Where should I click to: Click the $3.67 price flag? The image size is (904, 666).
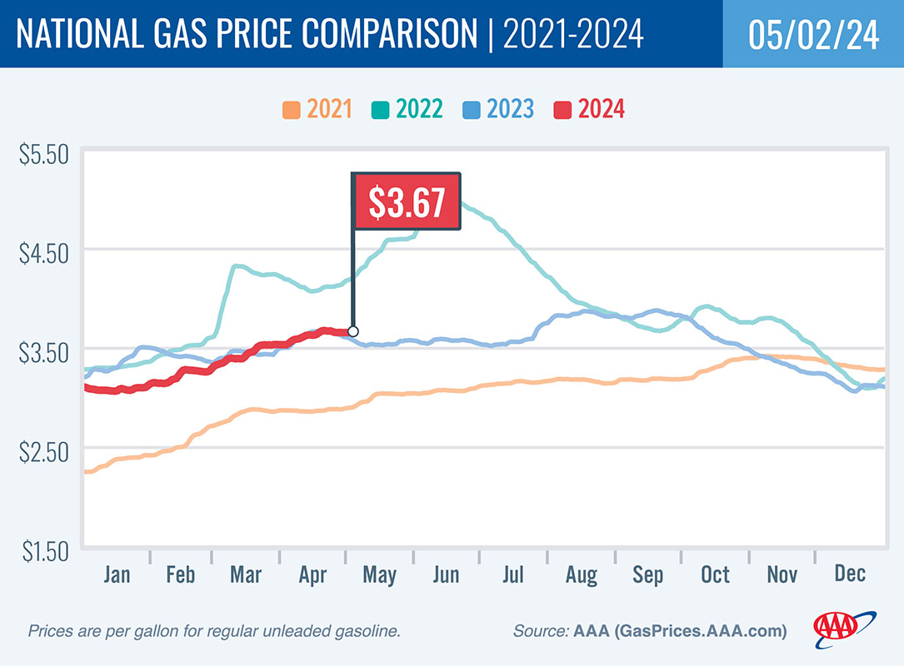[406, 201]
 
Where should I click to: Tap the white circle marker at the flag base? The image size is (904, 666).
[352, 331]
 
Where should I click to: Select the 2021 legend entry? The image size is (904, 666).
[317, 109]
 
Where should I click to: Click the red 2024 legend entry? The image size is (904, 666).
[589, 109]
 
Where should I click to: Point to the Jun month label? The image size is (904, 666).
[445, 574]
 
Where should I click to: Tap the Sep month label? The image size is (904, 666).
[647, 574]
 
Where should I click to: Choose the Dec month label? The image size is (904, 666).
[849, 574]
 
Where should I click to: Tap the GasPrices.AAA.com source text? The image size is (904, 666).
[701, 632]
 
